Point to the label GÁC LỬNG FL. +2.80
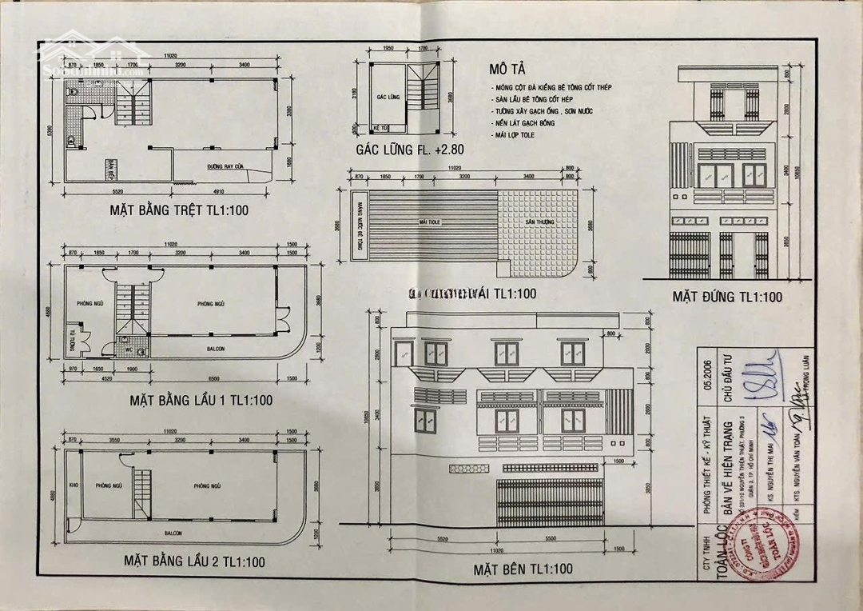pyautogui.click(x=412, y=150)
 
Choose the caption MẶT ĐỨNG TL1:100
pyautogui.click(x=726, y=297)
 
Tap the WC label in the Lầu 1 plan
pyautogui.click(x=129, y=349)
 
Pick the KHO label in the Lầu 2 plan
pyautogui.click(x=74, y=485)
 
